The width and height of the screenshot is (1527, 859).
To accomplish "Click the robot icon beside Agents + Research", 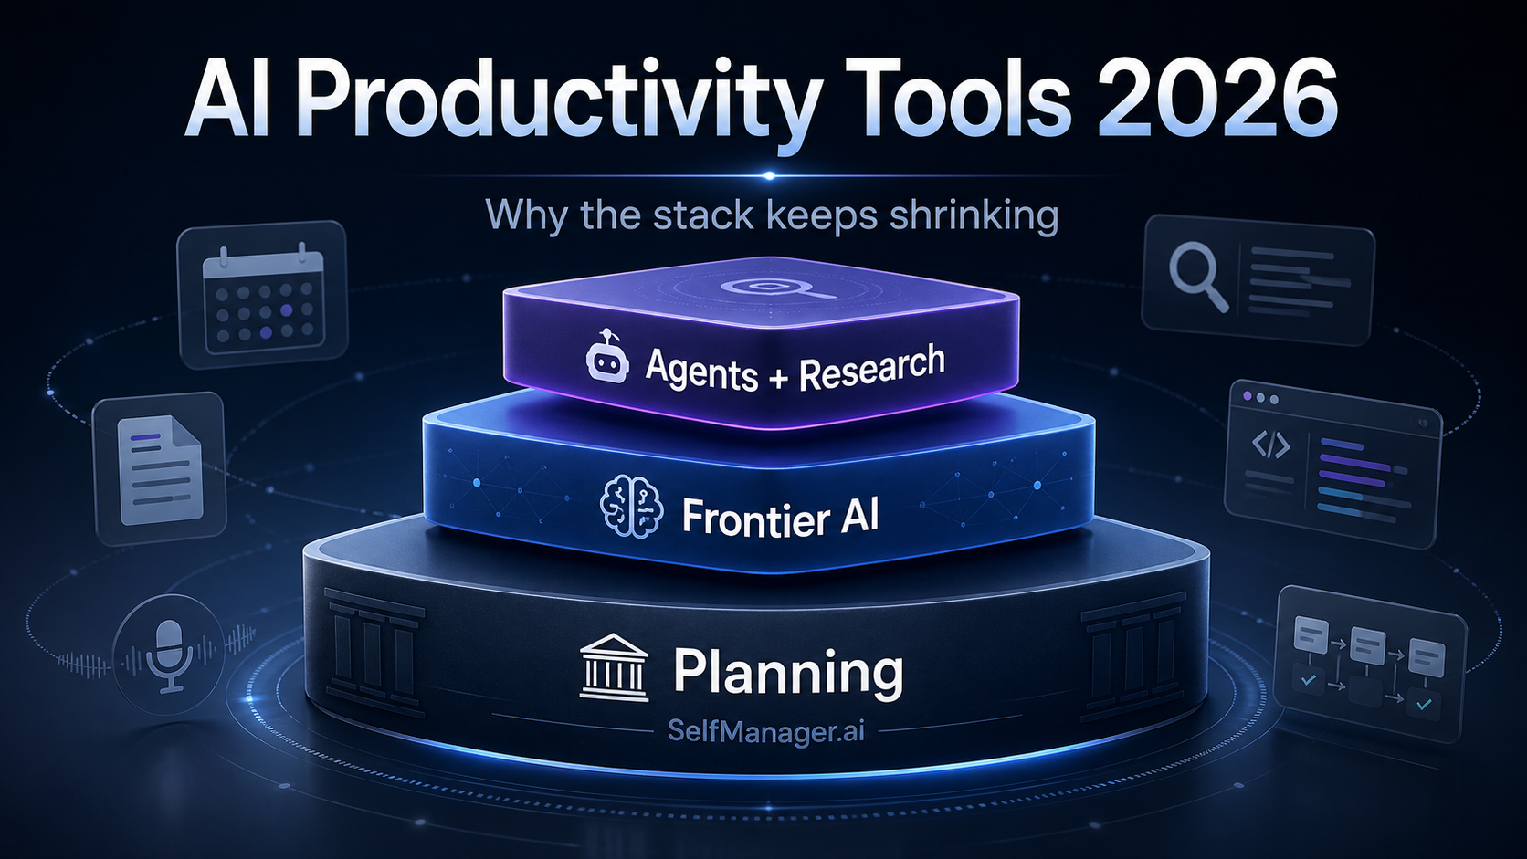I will (x=607, y=358).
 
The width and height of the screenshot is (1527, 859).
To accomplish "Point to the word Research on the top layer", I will (x=871, y=368).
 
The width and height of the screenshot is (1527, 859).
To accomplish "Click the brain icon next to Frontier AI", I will (x=631, y=507).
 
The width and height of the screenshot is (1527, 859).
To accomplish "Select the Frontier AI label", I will (x=780, y=517).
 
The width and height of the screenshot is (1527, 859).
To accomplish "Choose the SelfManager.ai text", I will (x=765, y=731).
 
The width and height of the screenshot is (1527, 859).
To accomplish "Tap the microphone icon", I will (x=170, y=654).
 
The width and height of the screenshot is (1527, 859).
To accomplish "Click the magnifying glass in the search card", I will (x=1197, y=277).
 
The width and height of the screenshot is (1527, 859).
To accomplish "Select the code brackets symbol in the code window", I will (x=1270, y=445).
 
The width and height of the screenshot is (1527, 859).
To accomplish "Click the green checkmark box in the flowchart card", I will (x=1422, y=703).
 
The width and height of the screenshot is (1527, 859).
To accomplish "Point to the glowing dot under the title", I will (x=769, y=175).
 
